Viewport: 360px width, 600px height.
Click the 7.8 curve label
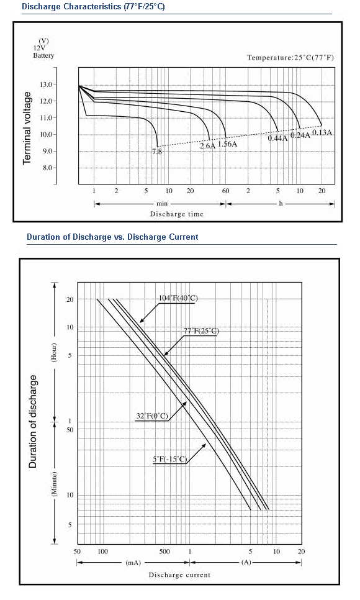[x=157, y=152]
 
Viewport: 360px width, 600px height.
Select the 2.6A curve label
[x=208, y=146]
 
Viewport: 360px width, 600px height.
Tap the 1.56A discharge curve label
[x=228, y=144]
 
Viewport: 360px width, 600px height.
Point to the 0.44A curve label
[x=277, y=139]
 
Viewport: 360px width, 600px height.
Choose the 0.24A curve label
[x=300, y=135]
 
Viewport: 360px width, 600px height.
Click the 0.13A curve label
[x=323, y=133]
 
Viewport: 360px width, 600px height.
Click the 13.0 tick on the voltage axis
[x=46, y=84]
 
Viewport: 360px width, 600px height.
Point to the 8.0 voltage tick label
[x=47, y=168]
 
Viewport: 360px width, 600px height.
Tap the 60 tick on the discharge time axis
[x=226, y=191]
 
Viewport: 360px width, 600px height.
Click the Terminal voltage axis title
[x=27, y=128]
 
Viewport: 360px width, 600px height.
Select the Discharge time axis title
[x=177, y=214]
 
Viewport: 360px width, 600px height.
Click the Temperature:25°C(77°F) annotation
[x=290, y=58]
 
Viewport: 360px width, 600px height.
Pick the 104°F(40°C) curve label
[x=178, y=299]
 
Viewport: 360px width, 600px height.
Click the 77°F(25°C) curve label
[x=201, y=331]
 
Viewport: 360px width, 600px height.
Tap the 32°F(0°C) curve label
[x=152, y=416]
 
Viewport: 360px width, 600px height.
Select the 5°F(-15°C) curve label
[x=170, y=459]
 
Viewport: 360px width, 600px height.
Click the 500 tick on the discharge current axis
[x=164, y=552]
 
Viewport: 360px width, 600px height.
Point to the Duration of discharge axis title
[x=33, y=421]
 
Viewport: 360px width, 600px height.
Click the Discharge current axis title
[x=180, y=575]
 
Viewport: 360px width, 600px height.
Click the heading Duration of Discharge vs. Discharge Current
[x=112, y=237]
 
